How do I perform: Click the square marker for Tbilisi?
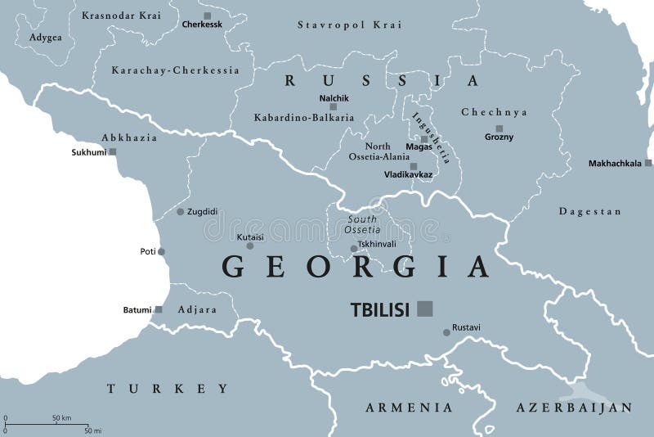[x=424, y=308]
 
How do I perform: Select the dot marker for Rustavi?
[x=446, y=331]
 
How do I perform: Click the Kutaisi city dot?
[x=250, y=246]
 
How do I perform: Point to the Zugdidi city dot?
[x=181, y=212]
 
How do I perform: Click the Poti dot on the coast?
[x=162, y=251]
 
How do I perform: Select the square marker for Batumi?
[x=159, y=309]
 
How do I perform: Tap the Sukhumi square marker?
[x=113, y=151]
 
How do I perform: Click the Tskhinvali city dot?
[x=353, y=249]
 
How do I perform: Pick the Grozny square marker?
[x=499, y=128]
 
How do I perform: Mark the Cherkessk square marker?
[x=207, y=16]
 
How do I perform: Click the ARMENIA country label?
[x=409, y=407]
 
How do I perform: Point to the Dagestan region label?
[x=585, y=211]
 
